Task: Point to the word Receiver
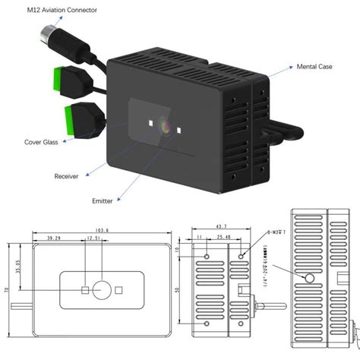tap(66, 176)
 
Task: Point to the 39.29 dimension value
tap(54, 238)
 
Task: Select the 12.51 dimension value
tap(94, 238)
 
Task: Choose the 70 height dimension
tap(6, 290)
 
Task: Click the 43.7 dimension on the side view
tap(221, 227)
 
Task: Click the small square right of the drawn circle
tap(119, 289)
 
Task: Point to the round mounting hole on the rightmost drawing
tap(310, 279)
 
